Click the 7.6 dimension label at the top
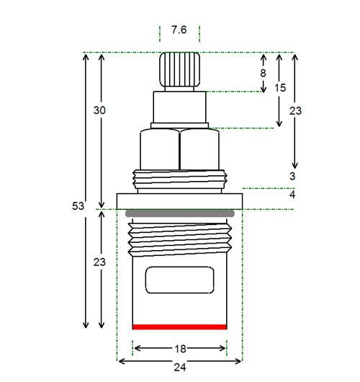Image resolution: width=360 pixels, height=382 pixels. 179,30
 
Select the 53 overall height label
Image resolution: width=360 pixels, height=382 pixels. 78,206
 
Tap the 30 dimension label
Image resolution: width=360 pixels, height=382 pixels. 99,110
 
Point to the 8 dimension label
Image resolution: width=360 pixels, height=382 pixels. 263,73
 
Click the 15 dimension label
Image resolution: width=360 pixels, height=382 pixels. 280,88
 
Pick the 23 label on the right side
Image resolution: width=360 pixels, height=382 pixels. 295,111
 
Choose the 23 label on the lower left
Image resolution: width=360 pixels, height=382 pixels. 99,262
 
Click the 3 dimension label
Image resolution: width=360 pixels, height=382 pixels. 292,176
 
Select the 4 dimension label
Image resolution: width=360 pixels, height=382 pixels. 292,195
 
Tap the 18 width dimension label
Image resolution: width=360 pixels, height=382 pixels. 181,349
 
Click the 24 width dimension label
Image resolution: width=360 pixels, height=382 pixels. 180,367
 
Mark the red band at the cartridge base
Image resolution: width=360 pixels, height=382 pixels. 179,327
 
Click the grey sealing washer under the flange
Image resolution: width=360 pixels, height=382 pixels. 180,213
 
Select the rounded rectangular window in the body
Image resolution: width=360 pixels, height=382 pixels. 179,280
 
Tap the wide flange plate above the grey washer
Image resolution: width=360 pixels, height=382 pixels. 179,201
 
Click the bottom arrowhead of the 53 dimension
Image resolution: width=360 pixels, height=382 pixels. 86,325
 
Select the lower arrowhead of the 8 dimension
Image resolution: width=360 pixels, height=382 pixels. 263,89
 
